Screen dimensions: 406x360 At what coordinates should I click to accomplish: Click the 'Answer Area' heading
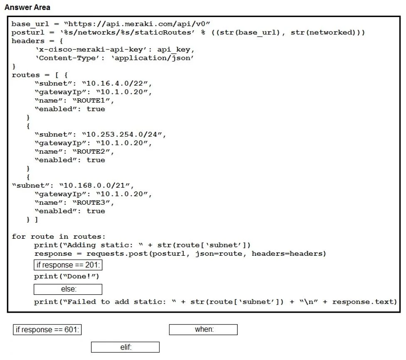pyautogui.click(x=27, y=7)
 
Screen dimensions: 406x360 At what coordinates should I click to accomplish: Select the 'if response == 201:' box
pyautogui.click(x=68, y=265)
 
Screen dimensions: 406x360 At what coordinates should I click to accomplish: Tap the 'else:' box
pyautogui.click(x=68, y=289)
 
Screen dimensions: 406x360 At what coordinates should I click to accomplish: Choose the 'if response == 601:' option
pyautogui.click(x=47, y=329)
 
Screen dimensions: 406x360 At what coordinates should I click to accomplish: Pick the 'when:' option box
pyautogui.click(x=203, y=329)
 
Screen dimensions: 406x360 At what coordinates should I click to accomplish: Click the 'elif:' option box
pyautogui.click(x=125, y=347)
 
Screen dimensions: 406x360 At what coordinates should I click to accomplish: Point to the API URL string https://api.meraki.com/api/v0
pyautogui.click(x=137, y=24)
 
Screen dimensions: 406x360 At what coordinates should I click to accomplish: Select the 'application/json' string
pyautogui.click(x=153, y=58)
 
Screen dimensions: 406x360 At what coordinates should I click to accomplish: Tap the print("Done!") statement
pyautogui.click(x=66, y=277)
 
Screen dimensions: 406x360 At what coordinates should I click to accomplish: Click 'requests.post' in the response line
pyautogui.click(x=117, y=254)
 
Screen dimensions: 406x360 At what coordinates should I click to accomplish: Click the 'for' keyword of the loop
pyautogui.click(x=19, y=237)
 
